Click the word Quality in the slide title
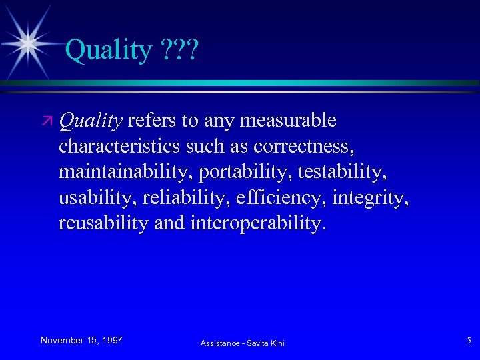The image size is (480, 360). click(109, 50)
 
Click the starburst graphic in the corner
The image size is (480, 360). click(28, 43)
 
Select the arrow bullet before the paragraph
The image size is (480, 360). click(47, 122)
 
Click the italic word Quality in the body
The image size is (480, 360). click(90, 121)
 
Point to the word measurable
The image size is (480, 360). click(287, 121)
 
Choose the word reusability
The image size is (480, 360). click(103, 223)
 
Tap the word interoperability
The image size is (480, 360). click(257, 223)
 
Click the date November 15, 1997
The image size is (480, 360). click(81, 341)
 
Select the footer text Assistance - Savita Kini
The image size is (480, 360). click(242, 343)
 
